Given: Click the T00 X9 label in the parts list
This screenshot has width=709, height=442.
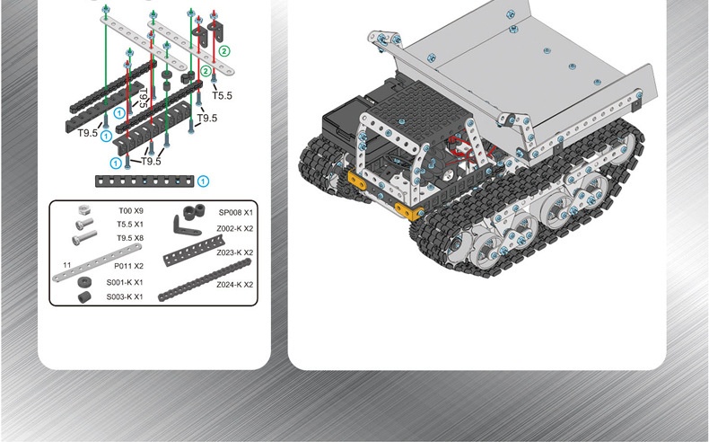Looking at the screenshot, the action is [131, 211].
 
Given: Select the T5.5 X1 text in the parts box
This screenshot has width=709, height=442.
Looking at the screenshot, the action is [130, 225].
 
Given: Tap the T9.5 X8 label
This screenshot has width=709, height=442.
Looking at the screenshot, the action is [130, 238].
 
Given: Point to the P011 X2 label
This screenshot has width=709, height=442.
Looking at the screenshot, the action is [128, 266].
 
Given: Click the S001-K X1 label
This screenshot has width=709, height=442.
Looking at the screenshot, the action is [125, 282].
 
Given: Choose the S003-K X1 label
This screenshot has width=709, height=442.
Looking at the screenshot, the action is [125, 296].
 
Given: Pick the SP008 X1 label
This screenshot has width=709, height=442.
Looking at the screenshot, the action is [235, 213].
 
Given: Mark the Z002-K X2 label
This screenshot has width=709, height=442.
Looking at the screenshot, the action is [234, 229].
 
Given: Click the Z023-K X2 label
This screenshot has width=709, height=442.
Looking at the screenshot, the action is [234, 252].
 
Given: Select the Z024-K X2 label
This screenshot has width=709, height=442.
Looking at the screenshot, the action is [234, 285].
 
